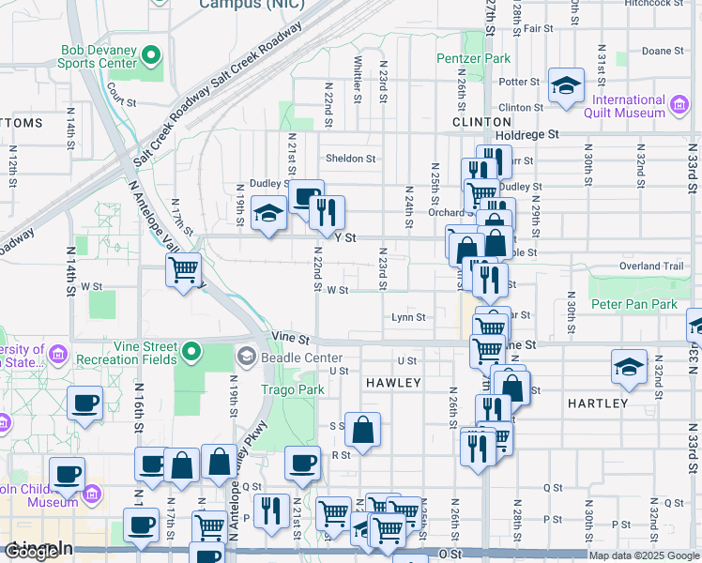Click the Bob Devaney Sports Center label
pyautogui.click(x=99, y=57)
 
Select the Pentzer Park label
pyautogui.click(x=474, y=58)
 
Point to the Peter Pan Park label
pyautogui.click(x=634, y=305)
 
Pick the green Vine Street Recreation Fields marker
pyautogui.click(x=192, y=353)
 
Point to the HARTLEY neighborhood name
pyautogui.click(x=598, y=403)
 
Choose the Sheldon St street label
pyautogui.click(x=350, y=159)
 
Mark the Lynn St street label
pyautogui.click(x=409, y=317)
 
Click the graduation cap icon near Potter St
pyautogui.click(x=566, y=86)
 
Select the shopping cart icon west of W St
pyautogui.click(x=184, y=269)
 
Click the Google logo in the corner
pyautogui.click(x=31, y=552)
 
